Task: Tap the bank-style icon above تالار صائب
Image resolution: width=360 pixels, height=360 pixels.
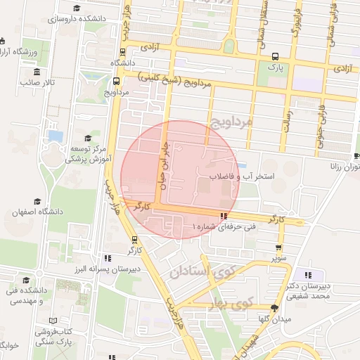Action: pos(36,71)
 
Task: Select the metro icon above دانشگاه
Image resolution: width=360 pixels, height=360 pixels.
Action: pos(123,51)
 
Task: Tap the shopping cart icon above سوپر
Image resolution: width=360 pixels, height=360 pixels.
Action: pos(278,247)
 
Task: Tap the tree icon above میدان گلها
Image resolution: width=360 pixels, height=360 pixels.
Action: pos(274,308)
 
